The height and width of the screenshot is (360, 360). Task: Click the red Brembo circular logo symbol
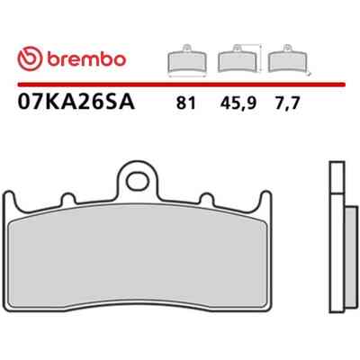click(x=30, y=59)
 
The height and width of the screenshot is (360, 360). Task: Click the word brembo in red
click(x=85, y=59)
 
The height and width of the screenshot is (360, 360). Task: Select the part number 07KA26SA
click(x=76, y=103)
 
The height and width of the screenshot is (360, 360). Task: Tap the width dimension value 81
click(x=186, y=103)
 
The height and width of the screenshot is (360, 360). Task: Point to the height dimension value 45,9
click(x=238, y=103)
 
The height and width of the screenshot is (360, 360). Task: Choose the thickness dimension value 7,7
click(x=286, y=103)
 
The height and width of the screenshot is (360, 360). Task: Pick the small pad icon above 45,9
click(x=237, y=58)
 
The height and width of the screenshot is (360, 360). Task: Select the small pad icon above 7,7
click(x=288, y=58)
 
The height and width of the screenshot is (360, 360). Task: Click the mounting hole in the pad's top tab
click(x=138, y=182)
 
